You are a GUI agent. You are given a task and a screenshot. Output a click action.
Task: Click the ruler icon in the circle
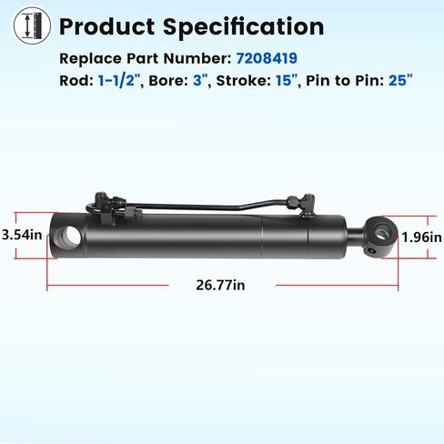point(32,25)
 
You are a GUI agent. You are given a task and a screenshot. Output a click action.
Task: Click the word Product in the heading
point(107,26)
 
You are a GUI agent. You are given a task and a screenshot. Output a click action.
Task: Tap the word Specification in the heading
point(244,27)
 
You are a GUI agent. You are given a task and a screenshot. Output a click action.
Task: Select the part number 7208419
point(267,58)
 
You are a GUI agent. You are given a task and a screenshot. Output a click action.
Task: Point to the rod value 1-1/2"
point(120,81)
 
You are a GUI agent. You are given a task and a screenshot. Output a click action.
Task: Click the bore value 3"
point(200,81)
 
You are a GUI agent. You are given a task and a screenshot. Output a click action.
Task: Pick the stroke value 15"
point(287,81)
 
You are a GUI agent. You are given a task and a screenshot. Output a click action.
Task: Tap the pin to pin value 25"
point(400,81)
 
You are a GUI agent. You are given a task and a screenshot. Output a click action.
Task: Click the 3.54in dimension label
point(22,235)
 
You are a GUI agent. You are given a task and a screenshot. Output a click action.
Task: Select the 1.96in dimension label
point(421,237)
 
